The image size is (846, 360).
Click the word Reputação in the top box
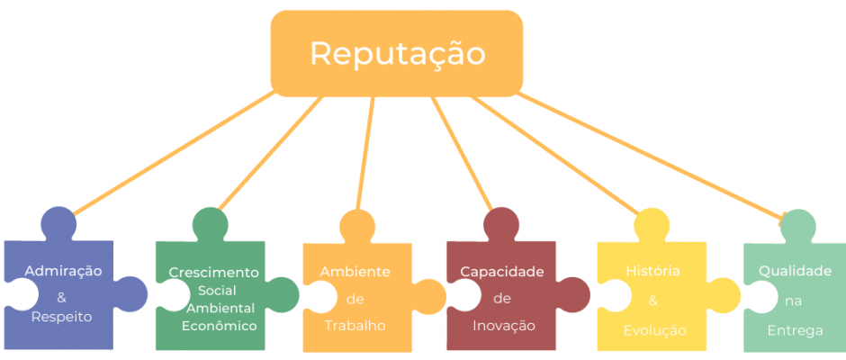[398, 54]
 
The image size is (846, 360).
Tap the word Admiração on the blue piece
[63, 271]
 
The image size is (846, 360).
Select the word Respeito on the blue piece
[61, 318]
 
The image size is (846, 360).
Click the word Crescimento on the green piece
[213, 273]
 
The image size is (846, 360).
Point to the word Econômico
[219, 326]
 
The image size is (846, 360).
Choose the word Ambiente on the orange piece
[355, 272]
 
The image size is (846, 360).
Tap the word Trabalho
[355, 326]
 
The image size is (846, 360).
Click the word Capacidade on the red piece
[502, 272]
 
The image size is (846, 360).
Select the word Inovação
[504, 326]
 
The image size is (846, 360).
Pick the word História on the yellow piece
[652, 271]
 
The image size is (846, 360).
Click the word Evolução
[654, 330]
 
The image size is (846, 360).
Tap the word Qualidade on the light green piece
[796, 271]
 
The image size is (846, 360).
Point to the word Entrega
[796, 330]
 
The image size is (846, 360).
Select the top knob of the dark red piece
[501, 224]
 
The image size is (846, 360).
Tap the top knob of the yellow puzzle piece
[652, 226]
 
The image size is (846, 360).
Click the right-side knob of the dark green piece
[283, 294]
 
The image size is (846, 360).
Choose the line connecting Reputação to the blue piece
[174, 153]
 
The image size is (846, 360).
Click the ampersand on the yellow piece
[652, 301]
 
